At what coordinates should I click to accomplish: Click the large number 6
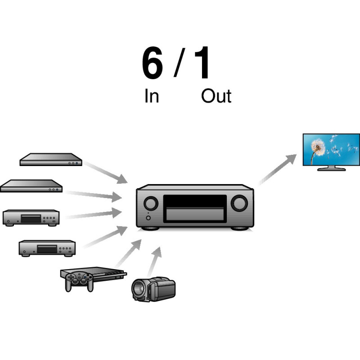(153, 64)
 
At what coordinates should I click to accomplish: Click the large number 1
(203, 64)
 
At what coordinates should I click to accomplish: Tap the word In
(152, 96)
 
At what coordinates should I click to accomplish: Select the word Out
(216, 96)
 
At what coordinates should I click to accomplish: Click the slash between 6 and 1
(180, 63)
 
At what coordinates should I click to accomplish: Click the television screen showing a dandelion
(331, 149)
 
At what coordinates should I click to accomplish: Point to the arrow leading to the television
(278, 169)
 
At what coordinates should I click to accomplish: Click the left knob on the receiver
(151, 203)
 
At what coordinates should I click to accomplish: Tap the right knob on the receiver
(239, 203)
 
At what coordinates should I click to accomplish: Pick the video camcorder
(153, 289)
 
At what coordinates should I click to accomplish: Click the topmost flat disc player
(51, 159)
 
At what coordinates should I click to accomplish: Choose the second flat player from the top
(31, 185)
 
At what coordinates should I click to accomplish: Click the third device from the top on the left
(31, 217)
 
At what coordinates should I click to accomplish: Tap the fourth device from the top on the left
(47, 248)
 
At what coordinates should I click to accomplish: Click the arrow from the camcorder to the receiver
(154, 261)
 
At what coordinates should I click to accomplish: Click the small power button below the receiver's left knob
(148, 218)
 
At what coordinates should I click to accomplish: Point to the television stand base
(332, 169)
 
